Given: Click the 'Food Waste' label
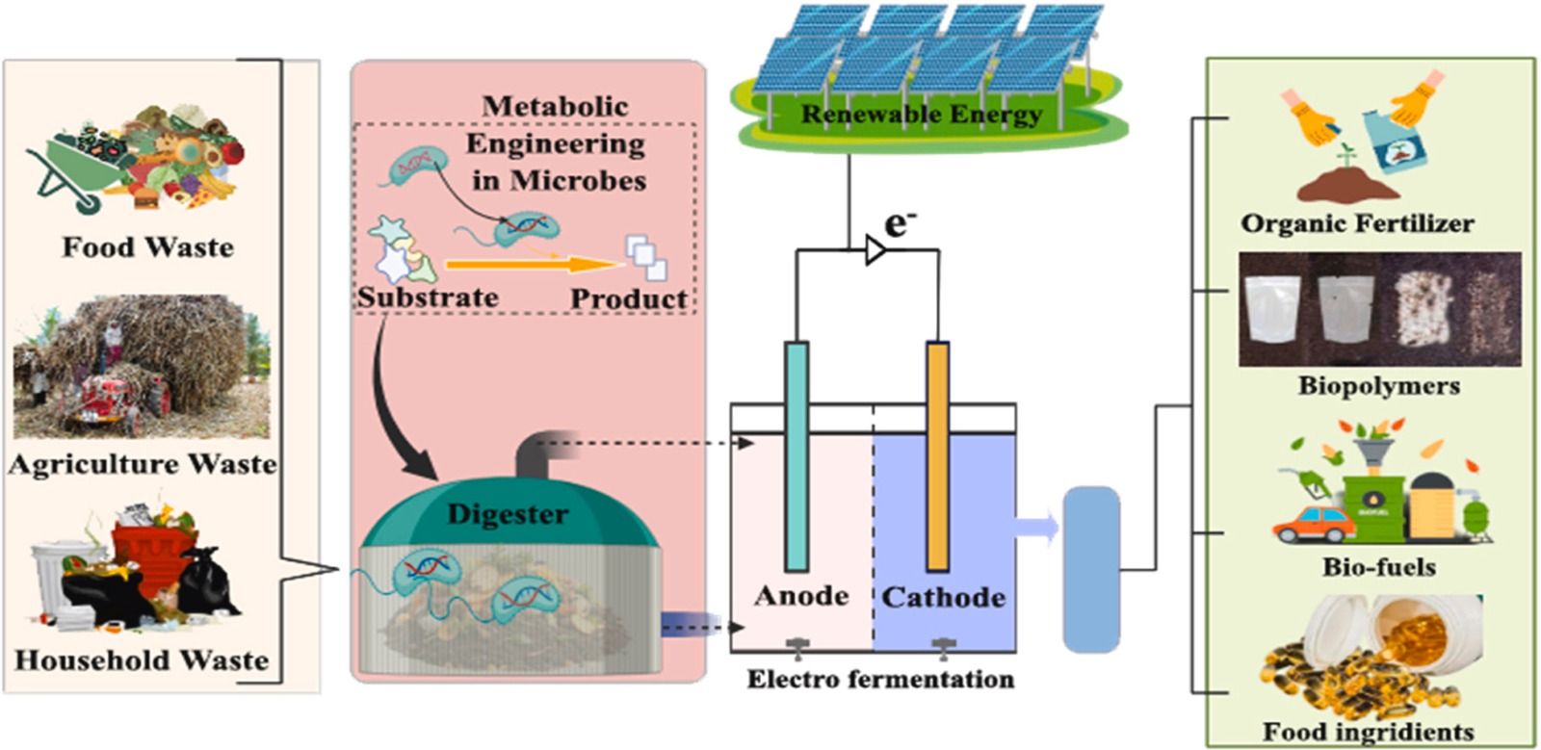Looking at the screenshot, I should click(x=147, y=247).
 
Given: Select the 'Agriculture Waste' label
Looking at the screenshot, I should click(x=143, y=464).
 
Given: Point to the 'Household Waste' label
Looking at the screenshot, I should click(x=142, y=660).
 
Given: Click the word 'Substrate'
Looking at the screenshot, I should click(x=428, y=297).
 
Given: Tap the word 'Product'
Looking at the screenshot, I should click(x=629, y=298).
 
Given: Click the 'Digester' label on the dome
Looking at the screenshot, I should click(x=508, y=514).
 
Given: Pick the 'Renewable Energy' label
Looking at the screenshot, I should click(x=922, y=115).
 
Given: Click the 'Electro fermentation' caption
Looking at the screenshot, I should click(x=880, y=680).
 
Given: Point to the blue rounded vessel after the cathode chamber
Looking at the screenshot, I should click(x=1091, y=570).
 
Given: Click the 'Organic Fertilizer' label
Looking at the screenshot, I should click(x=1357, y=224).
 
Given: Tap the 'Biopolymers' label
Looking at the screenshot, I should click(x=1378, y=386).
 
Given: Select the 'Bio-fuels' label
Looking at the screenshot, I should click(x=1378, y=567).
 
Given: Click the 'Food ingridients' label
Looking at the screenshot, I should click(x=1368, y=732).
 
